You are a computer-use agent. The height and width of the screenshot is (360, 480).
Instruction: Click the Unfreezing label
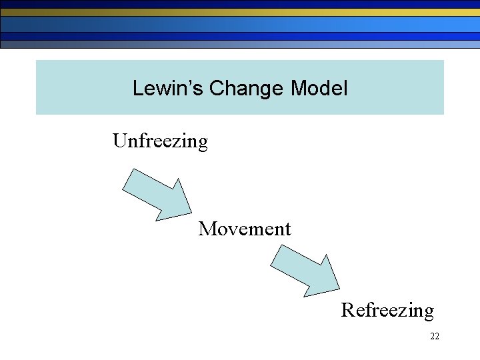click(160, 141)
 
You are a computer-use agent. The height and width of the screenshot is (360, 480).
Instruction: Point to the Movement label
click(245, 229)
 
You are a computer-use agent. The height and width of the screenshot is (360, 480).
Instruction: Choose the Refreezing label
click(387, 310)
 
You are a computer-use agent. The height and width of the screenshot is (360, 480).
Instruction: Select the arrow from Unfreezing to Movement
click(157, 194)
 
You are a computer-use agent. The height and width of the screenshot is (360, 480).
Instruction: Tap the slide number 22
click(435, 337)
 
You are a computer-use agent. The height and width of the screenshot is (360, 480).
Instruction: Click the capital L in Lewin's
click(137, 88)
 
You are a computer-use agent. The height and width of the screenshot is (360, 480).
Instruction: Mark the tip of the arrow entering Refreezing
click(341, 291)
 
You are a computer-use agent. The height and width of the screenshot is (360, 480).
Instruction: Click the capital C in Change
click(216, 88)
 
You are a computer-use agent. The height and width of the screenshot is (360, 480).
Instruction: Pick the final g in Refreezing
click(427, 313)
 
